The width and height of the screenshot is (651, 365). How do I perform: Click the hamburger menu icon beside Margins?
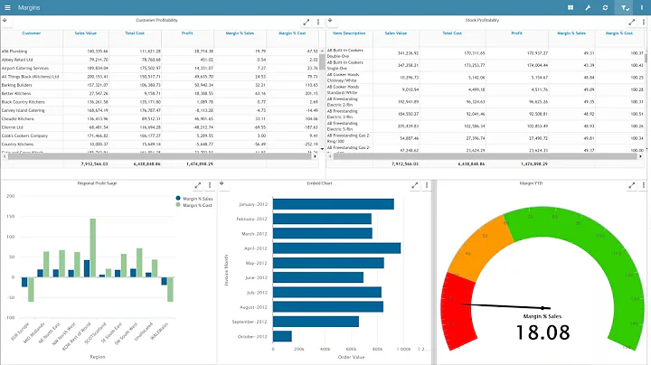click(8, 7)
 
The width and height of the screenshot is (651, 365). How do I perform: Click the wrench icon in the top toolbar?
click(588, 7)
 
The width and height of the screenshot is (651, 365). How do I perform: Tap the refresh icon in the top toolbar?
click(605, 7)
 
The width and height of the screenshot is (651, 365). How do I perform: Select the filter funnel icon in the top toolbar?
click(625, 7)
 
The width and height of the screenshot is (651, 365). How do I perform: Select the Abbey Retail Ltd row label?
click(19, 60)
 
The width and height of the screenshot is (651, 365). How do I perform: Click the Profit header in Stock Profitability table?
click(515, 33)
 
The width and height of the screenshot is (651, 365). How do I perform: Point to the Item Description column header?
click(348, 33)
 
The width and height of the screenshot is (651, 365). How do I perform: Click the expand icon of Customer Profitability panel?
click(306, 21)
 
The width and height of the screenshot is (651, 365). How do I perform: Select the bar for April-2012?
click(336, 248)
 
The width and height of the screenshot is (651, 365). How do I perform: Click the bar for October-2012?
click(282, 336)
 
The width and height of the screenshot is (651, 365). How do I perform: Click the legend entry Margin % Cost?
click(196, 206)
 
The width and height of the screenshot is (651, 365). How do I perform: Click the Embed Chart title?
click(325, 183)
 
